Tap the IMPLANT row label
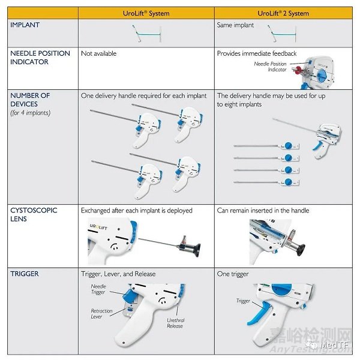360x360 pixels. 25,25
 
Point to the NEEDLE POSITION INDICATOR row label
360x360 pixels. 40,58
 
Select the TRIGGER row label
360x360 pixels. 25,274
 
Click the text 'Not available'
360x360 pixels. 98,54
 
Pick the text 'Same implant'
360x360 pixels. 235,25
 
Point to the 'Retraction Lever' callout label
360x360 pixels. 101,314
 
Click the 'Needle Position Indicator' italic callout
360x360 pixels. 270,67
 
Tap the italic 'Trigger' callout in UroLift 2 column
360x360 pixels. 242,301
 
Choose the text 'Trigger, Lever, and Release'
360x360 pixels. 118,274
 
